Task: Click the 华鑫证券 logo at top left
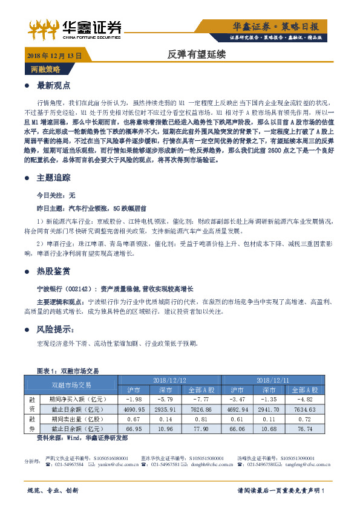coord(75,28)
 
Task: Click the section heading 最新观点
coord(54,85)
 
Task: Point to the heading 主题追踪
coord(54,178)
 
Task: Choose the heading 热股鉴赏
coord(54,271)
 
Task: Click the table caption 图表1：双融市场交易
coord(68,370)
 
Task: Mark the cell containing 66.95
coord(133,428)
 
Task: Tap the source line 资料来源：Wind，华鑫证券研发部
coord(82,436)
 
